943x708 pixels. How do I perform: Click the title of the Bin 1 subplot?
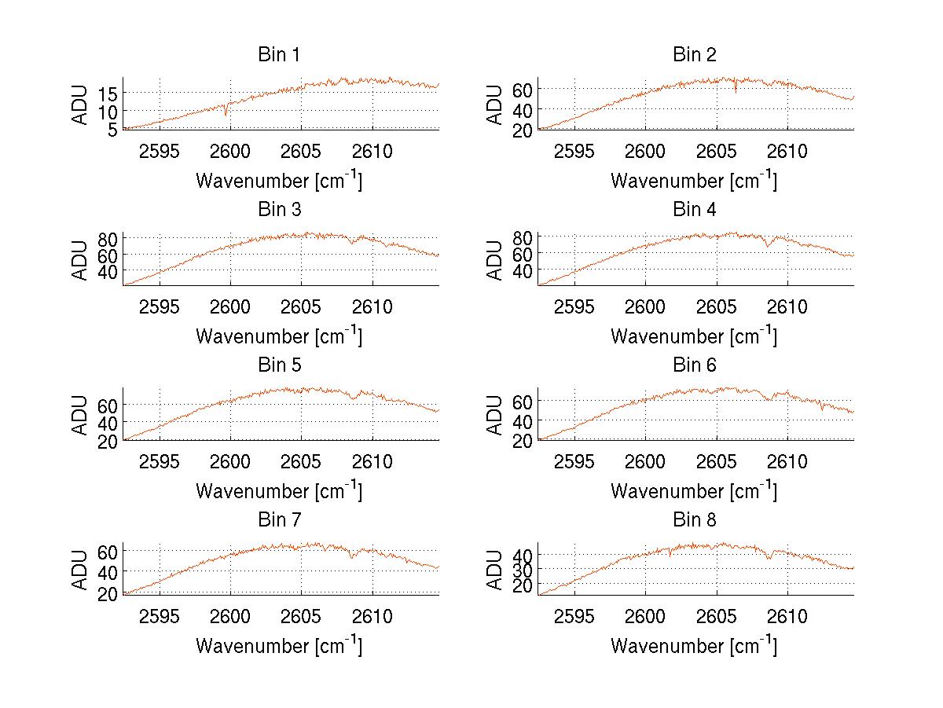coord(279,55)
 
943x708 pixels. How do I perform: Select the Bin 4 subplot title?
coord(695,210)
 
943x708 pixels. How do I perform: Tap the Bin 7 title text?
coord(279,519)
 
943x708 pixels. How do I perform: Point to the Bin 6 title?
coord(695,365)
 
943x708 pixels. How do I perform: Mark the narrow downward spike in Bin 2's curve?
coord(736,90)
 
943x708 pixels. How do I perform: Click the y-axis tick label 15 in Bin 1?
coord(108,94)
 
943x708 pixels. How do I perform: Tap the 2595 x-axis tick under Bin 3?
coord(160,306)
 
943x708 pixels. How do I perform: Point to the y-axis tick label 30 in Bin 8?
coord(523,570)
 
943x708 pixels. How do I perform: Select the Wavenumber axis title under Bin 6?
coord(694,490)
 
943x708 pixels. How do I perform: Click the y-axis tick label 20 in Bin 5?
coord(108,442)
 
